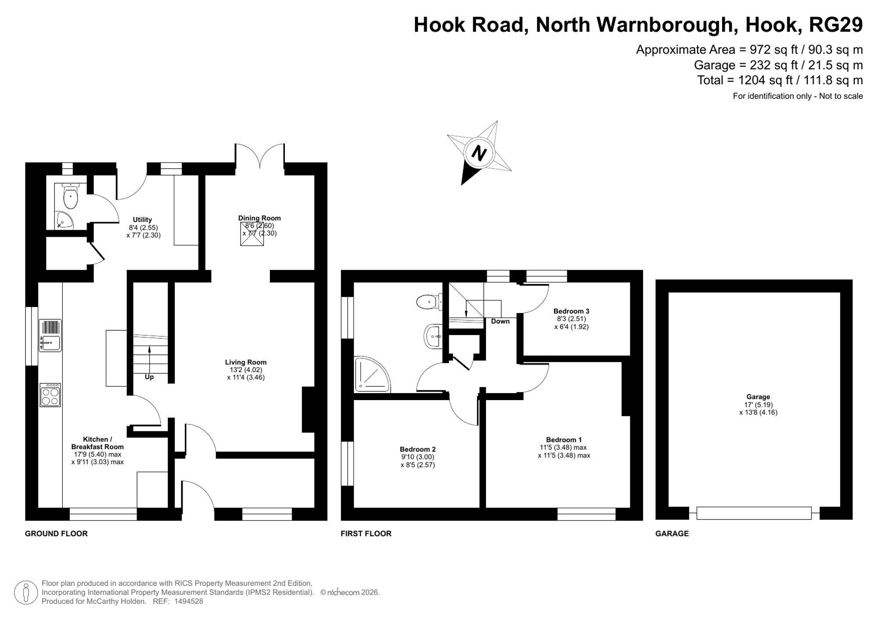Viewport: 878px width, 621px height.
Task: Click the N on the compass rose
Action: [479, 153]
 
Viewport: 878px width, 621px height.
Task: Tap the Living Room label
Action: [246, 362]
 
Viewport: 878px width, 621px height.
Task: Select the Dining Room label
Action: [259, 218]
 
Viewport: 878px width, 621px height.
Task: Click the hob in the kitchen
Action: [50, 395]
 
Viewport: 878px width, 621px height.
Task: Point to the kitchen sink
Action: [50, 336]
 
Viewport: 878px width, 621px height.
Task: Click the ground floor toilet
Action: [70, 196]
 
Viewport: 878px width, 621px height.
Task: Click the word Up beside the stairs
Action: [149, 377]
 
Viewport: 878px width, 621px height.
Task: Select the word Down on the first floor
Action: [500, 321]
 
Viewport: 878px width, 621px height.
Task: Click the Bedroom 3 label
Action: [571, 311]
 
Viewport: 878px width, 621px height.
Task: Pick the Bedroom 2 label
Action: [417, 449]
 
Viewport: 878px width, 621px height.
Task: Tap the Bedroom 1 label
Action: [564, 440]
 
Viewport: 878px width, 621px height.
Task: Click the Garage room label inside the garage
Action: [758, 397]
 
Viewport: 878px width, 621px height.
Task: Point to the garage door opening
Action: [754, 513]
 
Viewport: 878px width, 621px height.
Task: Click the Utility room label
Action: [142, 220]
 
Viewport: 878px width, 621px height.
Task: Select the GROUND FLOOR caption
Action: [56, 534]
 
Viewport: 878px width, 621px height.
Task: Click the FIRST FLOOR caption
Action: [366, 534]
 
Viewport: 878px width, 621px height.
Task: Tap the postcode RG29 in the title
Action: [835, 25]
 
